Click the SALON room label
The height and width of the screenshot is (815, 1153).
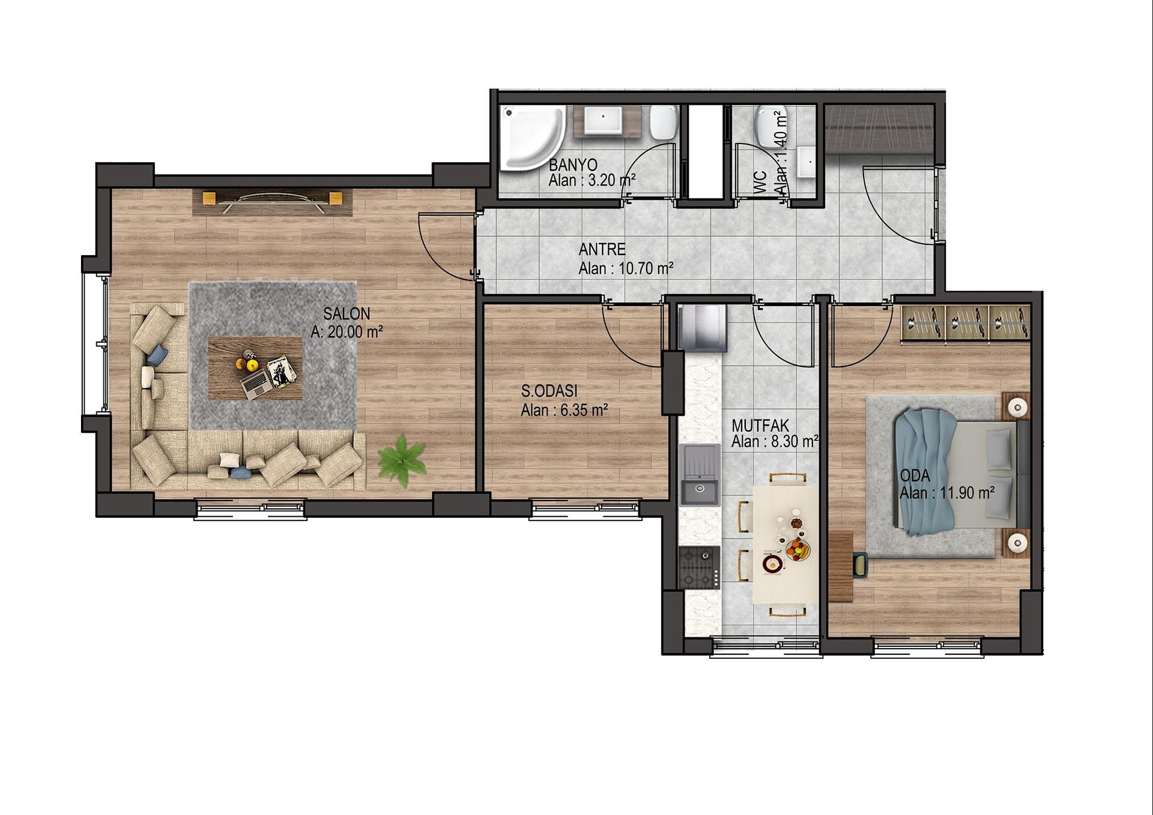click(x=347, y=313)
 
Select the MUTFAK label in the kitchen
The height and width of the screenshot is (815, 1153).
click(x=760, y=426)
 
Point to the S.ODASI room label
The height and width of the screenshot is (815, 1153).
click(x=549, y=391)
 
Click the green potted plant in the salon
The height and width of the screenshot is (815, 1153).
click(x=402, y=460)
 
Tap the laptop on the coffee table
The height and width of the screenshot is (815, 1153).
click(x=257, y=383)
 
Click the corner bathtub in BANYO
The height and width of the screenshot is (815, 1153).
click(x=532, y=137)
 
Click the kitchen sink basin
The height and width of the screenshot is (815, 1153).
click(x=699, y=492)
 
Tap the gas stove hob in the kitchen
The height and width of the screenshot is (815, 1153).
click(x=699, y=567)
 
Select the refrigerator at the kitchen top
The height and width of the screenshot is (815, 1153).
click(x=702, y=328)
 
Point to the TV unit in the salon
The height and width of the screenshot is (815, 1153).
click(x=272, y=202)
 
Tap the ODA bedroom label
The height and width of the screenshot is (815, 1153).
click(x=915, y=476)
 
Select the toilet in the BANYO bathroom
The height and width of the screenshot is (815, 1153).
click(x=664, y=122)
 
